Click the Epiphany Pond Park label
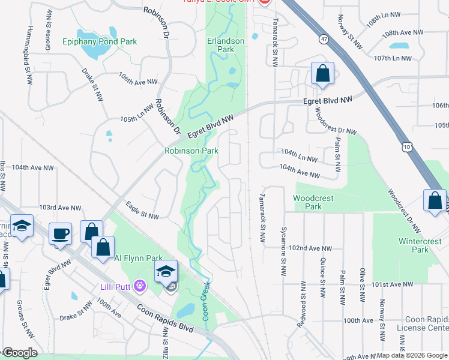point(100,42)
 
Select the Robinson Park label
point(192,151)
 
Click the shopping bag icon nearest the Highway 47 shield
point(322,73)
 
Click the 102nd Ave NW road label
point(310,248)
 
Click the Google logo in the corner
point(20,353)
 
